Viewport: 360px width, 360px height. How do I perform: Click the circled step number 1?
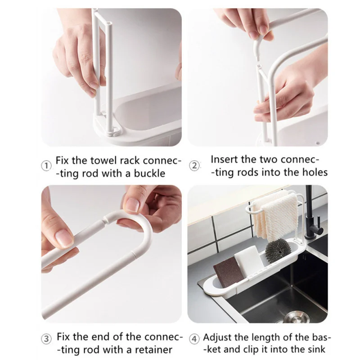pos(46,166)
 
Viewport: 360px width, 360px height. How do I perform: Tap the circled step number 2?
pos(194,166)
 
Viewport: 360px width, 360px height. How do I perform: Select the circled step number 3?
pos(46,339)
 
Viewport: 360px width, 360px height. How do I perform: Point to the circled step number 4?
pos(194,339)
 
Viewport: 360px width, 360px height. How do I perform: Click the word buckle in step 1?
pos(149,173)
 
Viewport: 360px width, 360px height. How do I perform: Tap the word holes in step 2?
pos(315,172)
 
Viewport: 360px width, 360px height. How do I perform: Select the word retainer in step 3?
pos(153,350)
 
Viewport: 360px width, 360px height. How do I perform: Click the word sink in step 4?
pos(317,349)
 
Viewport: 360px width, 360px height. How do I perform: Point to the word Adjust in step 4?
pos(217,337)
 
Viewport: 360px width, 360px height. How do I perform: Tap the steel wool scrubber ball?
pos(277,250)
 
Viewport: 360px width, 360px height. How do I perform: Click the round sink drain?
pos(297,316)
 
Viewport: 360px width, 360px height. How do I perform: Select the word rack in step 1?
pos(129,160)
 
